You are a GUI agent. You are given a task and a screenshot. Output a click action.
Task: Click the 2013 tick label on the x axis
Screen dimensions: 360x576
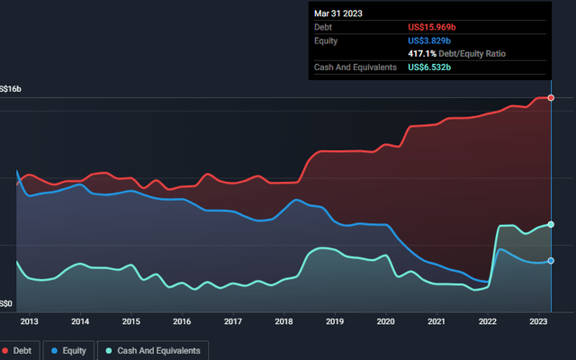pos(29,321)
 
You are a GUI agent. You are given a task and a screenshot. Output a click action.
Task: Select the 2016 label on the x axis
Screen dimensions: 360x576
pos(182,321)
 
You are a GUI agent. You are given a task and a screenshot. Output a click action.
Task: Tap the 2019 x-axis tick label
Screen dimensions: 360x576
pos(335,321)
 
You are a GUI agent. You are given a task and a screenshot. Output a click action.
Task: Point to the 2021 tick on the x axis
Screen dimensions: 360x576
pos(436,321)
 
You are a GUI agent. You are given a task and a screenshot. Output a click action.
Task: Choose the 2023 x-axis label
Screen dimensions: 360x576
pos(538,321)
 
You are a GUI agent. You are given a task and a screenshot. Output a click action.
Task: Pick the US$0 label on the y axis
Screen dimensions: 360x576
pos(7,304)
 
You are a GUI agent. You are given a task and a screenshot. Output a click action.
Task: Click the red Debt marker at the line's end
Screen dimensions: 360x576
pos(551,96)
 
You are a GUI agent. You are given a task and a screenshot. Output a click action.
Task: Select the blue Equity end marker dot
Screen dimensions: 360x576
pos(551,262)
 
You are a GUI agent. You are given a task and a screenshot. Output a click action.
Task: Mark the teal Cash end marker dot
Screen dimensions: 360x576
pos(551,224)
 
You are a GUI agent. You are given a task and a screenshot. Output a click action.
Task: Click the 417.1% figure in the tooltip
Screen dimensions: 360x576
pos(423,54)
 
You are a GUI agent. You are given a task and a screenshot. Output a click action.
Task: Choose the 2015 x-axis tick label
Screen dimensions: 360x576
pos(130,321)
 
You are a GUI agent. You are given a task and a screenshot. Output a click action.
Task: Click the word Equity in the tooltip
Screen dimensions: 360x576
pos(328,41)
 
